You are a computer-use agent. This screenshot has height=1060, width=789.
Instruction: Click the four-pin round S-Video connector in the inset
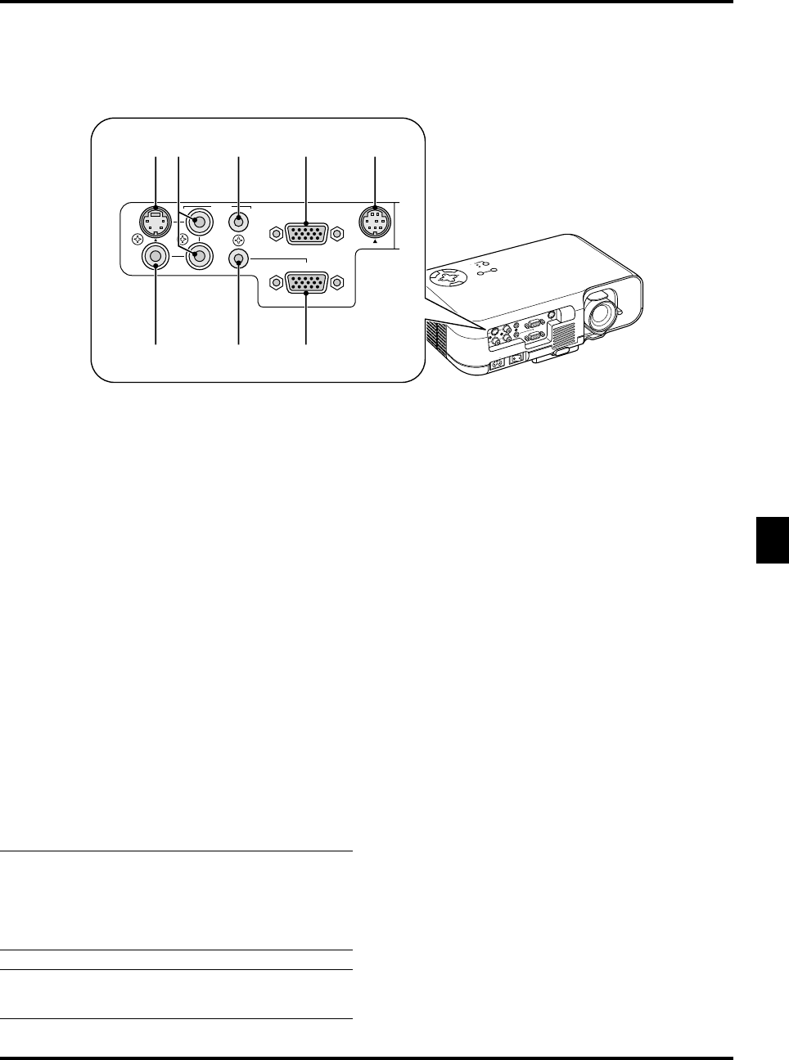tap(156, 221)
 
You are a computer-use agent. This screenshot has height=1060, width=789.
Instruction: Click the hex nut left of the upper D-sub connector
tap(275, 234)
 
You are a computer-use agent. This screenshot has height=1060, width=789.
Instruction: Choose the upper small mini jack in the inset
tap(238, 221)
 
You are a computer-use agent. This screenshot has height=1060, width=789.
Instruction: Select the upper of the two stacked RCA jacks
tap(197, 221)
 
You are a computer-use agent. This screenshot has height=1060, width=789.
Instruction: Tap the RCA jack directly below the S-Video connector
tap(156, 258)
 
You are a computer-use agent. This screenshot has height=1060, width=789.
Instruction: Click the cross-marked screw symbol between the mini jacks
tap(238, 240)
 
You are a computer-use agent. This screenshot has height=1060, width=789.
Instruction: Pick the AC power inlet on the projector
tap(496, 365)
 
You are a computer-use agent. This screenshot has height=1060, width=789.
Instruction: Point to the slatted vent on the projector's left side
tap(435, 339)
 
